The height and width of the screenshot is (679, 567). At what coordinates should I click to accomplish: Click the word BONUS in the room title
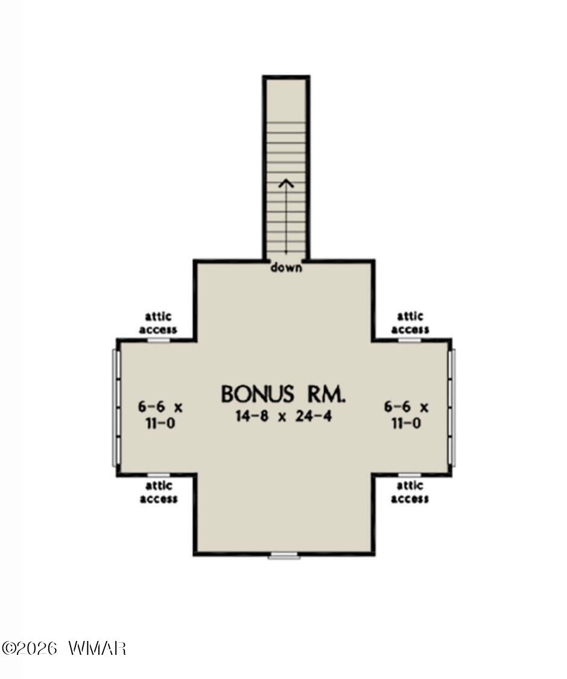[x=258, y=394]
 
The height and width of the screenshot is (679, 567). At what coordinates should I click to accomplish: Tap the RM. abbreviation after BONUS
[x=327, y=394]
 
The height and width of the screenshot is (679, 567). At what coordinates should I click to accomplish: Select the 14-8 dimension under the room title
[x=252, y=416]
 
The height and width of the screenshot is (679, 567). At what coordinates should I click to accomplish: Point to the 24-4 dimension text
[x=314, y=416]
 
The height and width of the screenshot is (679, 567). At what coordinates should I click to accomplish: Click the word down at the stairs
[x=286, y=267]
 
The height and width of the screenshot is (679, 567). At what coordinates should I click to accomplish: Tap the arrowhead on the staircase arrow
[x=286, y=183]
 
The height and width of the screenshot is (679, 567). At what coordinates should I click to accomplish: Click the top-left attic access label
[x=158, y=323]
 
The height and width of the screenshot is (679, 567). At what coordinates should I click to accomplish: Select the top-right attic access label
[x=410, y=323]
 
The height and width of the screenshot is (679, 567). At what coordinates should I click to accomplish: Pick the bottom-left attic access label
[x=159, y=493]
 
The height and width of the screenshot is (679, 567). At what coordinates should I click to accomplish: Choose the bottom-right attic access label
[x=410, y=493]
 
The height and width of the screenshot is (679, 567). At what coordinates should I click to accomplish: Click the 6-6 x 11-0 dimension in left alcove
[x=160, y=415]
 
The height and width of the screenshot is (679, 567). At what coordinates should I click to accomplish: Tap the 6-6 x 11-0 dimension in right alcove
[x=407, y=415]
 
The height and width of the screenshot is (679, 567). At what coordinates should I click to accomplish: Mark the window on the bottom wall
[x=284, y=555]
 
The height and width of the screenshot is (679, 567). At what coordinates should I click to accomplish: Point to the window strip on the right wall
[x=452, y=407]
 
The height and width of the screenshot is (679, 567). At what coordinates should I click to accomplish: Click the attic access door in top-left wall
[x=159, y=340]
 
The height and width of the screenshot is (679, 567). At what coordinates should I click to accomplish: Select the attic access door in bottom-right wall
[x=410, y=475]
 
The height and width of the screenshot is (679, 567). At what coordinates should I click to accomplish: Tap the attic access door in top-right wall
[x=410, y=340]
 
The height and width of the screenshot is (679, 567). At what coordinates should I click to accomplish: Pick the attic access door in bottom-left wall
[x=159, y=475]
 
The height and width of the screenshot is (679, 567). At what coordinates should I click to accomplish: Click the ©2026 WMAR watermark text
[x=64, y=648]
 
